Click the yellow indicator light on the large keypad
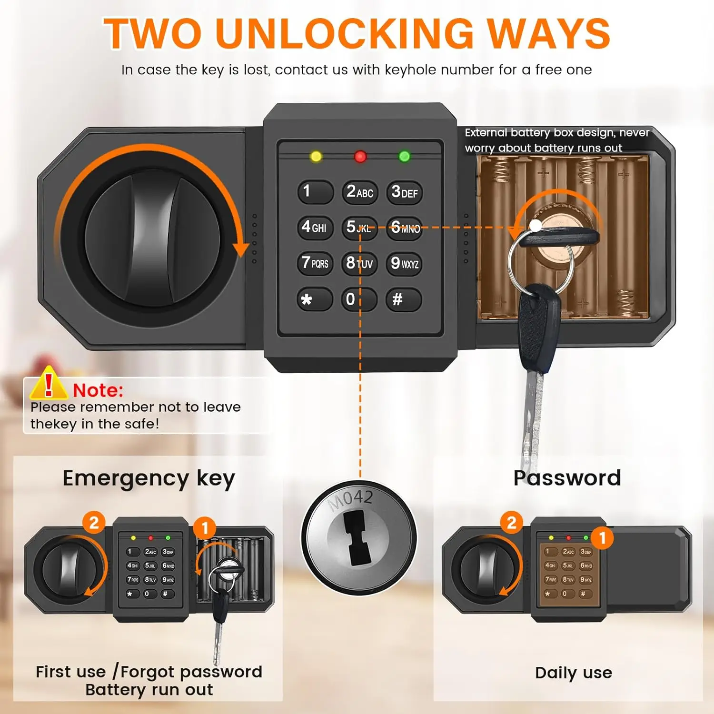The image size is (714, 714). pos(316,156)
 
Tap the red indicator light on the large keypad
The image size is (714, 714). pos(360,156)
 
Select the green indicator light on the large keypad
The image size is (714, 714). pos(405,156)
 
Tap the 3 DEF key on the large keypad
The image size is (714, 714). pos(404,192)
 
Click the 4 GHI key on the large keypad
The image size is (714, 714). pos(315,228)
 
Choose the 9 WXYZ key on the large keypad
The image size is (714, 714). pos(404,263)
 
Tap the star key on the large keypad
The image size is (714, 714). pos(315,299)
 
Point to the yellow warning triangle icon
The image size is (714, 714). pos(48,384)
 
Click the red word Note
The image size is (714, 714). pos(98,390)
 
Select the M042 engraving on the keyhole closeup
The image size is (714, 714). pos(351,499)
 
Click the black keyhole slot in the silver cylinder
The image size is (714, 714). pos(359,538)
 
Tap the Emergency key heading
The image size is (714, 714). pos(149,478)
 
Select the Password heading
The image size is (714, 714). pos(567,478)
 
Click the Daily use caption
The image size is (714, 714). pos(574,673)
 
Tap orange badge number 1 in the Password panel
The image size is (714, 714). pos(602,538)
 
